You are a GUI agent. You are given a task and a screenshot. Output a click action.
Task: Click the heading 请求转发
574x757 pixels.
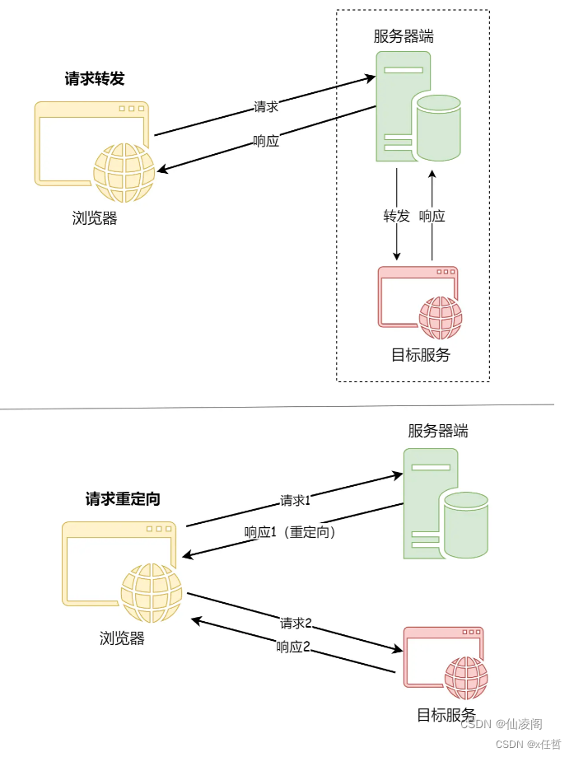95,79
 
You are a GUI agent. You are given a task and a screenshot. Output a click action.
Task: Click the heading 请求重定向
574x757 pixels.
123,498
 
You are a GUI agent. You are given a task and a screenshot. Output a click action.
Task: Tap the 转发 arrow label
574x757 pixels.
396,216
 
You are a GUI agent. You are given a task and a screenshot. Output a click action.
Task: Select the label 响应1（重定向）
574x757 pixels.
290,532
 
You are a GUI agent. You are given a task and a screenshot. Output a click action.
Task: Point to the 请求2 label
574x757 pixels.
296,623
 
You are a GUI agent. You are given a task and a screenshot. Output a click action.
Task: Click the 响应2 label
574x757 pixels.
293,647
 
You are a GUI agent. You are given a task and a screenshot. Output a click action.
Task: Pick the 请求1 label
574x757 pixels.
295,500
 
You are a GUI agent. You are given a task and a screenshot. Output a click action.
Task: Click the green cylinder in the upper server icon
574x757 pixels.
439,128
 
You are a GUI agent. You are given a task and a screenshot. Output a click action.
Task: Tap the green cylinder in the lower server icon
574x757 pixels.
466,526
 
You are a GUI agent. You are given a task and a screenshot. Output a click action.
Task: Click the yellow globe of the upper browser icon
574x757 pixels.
124,172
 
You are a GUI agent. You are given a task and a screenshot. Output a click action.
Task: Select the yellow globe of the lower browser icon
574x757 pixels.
152,593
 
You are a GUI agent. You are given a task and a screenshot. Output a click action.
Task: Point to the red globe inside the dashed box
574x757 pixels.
441,318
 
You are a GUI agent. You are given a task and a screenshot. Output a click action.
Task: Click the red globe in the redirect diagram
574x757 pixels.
466,678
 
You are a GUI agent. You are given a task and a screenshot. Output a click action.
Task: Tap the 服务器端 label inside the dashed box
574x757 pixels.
404,36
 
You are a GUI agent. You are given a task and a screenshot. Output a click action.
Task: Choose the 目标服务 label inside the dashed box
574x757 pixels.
421,355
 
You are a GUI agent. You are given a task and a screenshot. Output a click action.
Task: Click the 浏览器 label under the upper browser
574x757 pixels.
95,218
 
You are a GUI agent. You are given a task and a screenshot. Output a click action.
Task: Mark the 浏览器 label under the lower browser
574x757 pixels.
122,638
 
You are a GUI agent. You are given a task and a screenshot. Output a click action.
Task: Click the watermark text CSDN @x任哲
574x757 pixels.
529,744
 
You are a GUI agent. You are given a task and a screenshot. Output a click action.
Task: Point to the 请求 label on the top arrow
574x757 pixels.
266,107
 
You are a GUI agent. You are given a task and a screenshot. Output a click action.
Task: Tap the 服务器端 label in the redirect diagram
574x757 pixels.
438,431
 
